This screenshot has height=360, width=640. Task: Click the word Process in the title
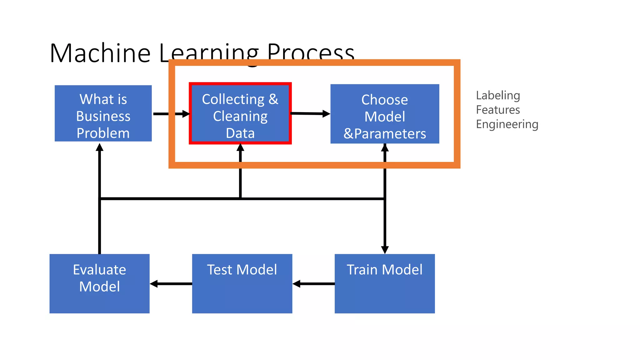click(311, 52)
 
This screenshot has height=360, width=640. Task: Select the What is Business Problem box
click(103, 113)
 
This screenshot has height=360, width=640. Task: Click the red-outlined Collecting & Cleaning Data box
click(240, 113)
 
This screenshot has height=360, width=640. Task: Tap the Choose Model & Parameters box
click(385, 114)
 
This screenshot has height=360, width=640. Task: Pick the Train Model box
click(385, 283)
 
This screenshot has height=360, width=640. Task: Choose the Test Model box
click(242, 283)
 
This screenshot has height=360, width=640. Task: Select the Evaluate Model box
click(99, 283)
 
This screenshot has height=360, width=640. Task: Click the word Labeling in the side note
click(498, 95)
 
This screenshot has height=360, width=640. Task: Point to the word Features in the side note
click(498, 110)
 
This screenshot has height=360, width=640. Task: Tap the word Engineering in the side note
click(507, 124)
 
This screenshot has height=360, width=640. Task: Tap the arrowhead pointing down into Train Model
click(385, 250)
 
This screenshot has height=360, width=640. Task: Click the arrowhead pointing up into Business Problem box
click(99, 147)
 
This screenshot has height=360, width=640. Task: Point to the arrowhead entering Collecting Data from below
click(240, 147)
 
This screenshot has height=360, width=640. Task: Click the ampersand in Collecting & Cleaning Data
click(273, 99)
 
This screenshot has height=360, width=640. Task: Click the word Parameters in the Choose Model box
click(390, 134)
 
